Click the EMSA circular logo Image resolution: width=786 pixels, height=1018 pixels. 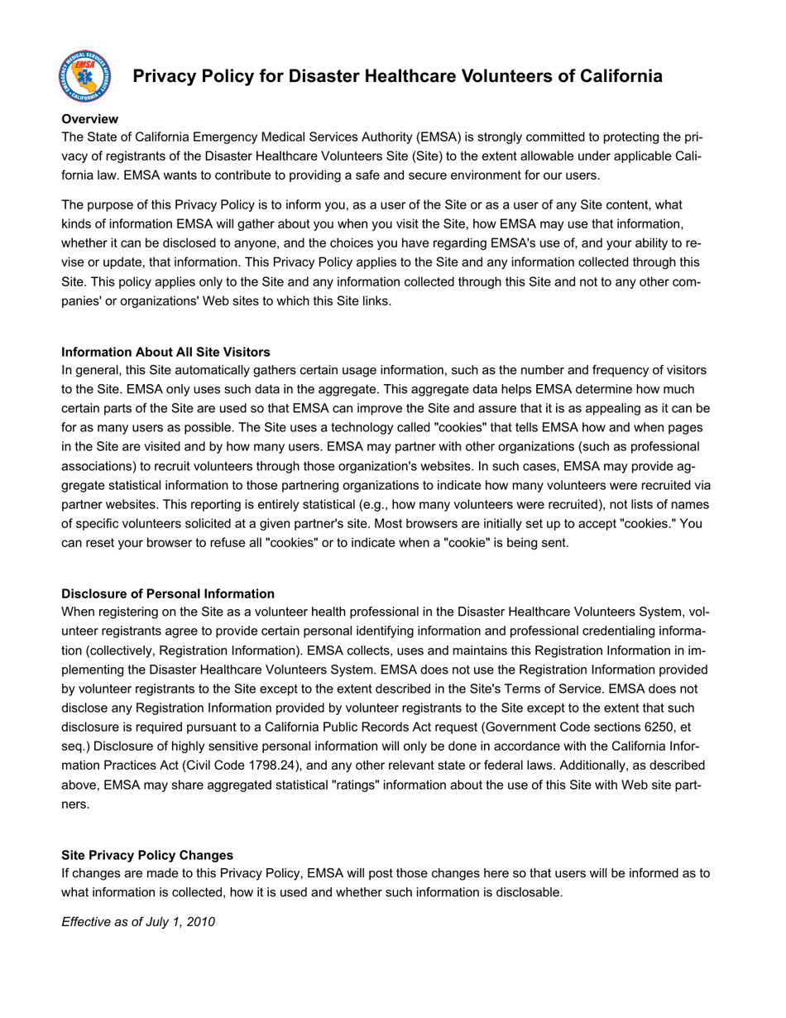tap(84, 76)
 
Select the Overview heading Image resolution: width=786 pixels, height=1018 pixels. tap(89, 119)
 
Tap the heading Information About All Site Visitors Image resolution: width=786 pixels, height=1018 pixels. tap(165, 352)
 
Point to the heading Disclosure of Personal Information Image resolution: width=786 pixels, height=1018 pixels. tap(168, 593)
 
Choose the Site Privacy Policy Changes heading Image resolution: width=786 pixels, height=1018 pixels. tap(147, 855)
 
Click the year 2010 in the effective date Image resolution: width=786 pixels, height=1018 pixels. tap(200, 921)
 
